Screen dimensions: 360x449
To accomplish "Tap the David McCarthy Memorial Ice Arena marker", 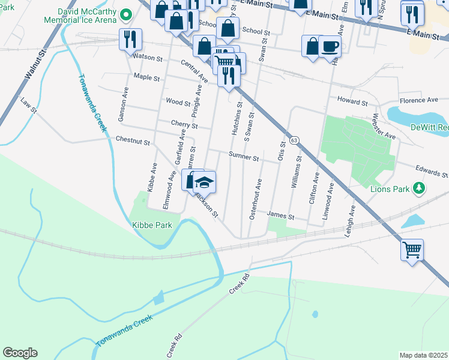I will tap(126, 14).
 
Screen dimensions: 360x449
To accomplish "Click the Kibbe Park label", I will tap(152, 225).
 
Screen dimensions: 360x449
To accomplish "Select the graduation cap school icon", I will tap(204, 182).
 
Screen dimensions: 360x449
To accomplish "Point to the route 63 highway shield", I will tap(294, 140).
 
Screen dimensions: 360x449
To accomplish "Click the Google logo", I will tap(20, 353).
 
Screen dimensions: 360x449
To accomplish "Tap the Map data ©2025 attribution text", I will tap(423, 355).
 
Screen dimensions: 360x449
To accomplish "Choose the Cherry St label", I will tap(184, 125).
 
